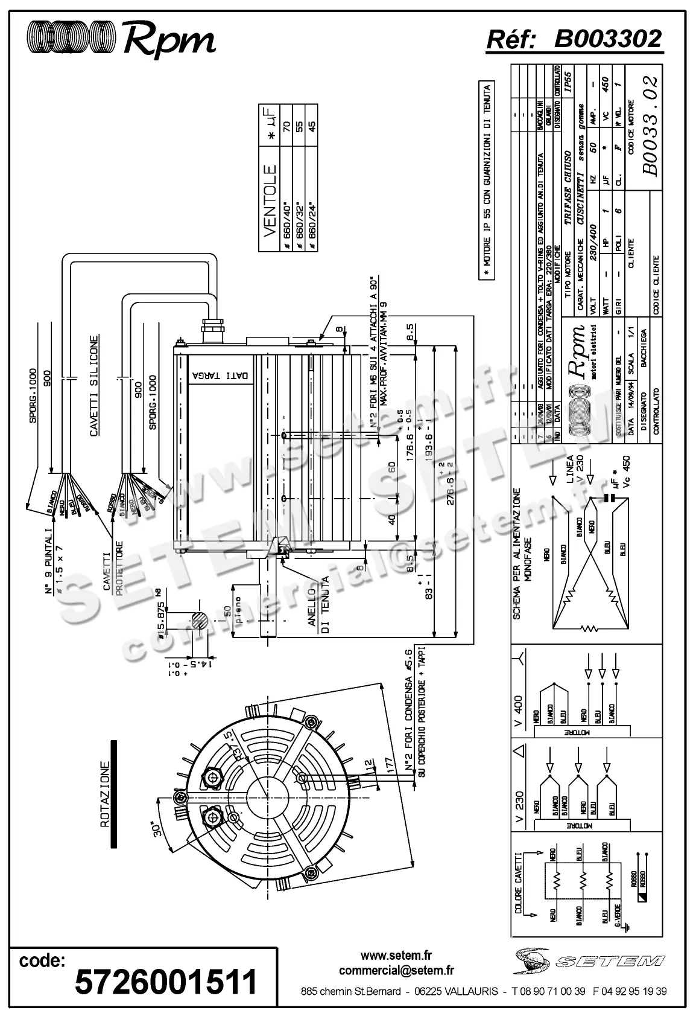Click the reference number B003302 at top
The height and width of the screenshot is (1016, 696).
point(607,40)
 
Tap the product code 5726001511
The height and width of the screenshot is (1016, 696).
point(166,982)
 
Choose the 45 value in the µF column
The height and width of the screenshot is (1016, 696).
point(312,129)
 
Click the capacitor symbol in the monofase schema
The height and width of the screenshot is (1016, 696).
point(611,499)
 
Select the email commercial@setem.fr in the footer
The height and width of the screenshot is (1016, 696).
point(396,971)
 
